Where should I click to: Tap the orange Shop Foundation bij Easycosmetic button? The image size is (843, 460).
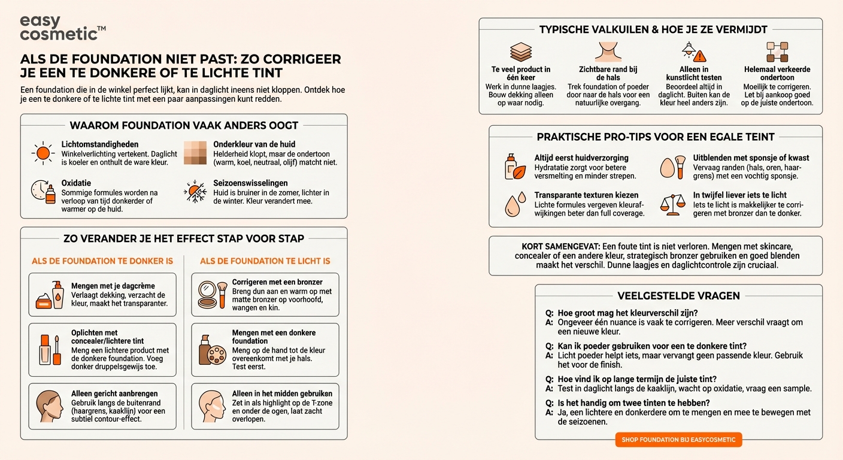(678, 440)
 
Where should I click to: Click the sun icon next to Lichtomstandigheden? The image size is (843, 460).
(43, 153)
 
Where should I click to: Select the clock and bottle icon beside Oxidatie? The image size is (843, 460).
(43, 192)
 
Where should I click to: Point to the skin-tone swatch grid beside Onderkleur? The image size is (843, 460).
(195, 153)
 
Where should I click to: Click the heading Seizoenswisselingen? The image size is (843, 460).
(250, 183)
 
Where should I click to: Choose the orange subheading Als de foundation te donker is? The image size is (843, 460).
(102, 261)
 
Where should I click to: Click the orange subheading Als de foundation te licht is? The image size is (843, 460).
(265, 261)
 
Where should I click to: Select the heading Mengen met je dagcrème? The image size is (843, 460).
(113, 286)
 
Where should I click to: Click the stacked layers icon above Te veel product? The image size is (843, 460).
(521, 52)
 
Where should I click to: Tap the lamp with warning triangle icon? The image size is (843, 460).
(694, 52)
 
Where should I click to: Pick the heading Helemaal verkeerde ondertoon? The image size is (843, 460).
(777, 73)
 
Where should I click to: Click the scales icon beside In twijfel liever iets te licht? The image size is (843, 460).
(672, 204)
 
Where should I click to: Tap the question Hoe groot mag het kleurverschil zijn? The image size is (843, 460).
(627, 313)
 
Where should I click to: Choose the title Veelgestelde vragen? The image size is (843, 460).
(678, 295)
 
